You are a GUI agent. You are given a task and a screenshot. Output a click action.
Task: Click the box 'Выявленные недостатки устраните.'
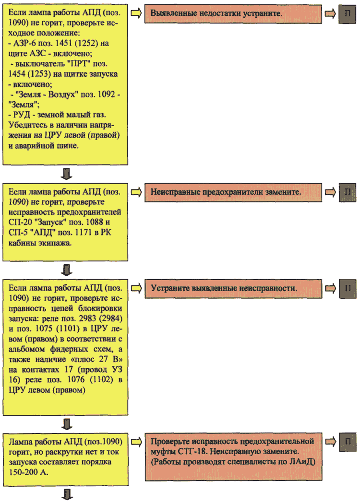[233, 14]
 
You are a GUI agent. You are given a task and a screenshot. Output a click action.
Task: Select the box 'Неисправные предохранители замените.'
[233, 192]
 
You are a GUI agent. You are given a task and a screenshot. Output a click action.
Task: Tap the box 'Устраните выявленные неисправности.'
[233, 289]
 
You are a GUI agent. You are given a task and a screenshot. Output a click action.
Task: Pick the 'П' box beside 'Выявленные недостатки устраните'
[348, 14]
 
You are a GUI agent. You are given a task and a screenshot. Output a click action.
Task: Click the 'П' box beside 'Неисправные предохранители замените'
[348, 192]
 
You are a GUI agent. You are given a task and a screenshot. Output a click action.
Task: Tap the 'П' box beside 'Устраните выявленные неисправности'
[348, 289]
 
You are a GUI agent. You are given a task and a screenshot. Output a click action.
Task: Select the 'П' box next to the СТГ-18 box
[348, 442]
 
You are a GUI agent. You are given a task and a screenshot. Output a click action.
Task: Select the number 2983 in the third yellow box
[87, 318]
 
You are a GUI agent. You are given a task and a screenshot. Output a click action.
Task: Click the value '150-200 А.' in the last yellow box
[28, 472]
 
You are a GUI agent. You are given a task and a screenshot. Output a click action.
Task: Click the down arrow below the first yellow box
[66, 174]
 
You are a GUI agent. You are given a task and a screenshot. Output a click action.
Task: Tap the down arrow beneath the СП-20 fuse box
[66, 270]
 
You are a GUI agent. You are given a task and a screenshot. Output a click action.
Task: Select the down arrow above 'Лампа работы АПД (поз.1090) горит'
[66, 424]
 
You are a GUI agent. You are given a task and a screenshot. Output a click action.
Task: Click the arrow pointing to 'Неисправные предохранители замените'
[136, 192]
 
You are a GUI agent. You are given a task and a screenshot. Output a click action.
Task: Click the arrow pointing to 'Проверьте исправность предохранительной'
[136, 442]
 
